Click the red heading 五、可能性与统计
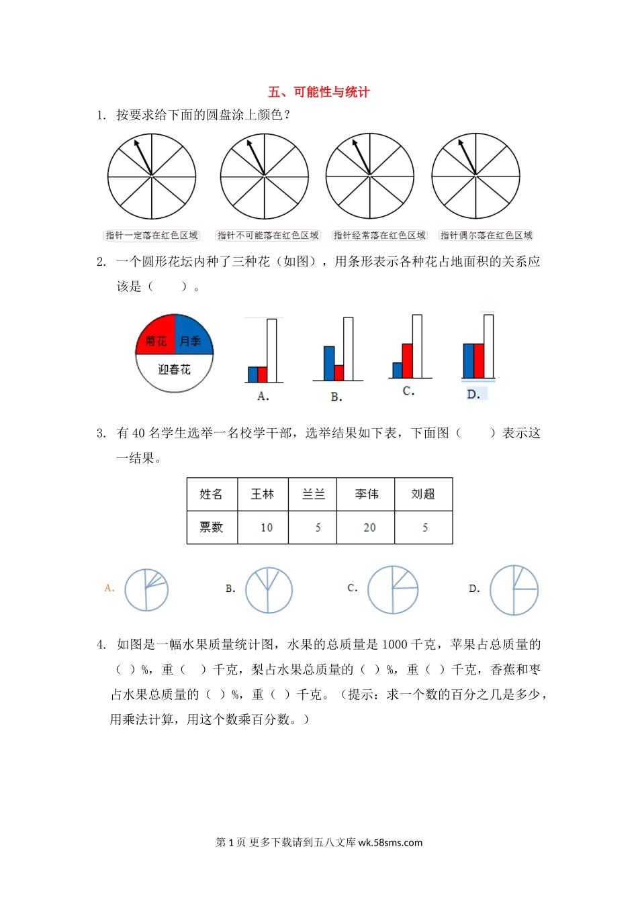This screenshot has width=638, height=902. [318, 92]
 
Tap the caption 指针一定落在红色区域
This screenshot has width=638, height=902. [152, 236]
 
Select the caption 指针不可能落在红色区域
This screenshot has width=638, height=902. [268, 236]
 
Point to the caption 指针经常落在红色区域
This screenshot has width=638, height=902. [379, 236]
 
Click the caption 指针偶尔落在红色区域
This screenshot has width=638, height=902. [486, 236]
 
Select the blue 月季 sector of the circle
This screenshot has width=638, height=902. [192, 339]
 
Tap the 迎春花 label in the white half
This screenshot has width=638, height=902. [175, 370]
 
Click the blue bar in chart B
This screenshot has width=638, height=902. [329, 363]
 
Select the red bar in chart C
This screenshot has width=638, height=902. [407, 361]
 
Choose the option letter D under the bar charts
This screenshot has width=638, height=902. [473, 395]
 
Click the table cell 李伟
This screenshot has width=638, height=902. [367, 495]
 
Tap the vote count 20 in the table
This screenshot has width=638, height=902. [369, 528]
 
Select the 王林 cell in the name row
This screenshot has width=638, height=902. [263, 495]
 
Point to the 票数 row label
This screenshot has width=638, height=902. [211, 528]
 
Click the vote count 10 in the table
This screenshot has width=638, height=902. [267, 528]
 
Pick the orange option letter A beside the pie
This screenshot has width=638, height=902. [109, 588]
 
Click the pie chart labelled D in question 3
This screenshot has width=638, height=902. [514, 590]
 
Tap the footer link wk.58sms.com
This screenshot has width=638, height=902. [390, 843]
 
